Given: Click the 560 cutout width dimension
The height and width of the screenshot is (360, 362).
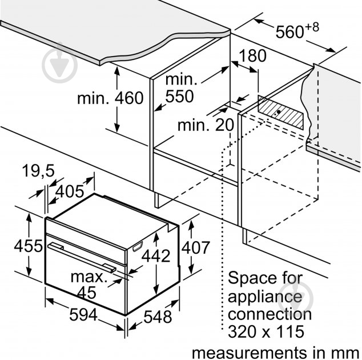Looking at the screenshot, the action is tap(289, 31).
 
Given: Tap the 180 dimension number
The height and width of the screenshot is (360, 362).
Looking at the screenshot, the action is tap(252, 55).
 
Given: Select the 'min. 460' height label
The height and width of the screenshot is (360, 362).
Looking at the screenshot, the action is tap(110, 98).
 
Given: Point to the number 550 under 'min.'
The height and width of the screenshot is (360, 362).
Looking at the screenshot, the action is tap(179, 96).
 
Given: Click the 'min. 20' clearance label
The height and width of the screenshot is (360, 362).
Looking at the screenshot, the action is tap(206, 125).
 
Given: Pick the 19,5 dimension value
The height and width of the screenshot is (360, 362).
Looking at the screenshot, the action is tap(38, 171).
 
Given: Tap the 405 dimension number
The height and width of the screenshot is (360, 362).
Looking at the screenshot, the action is tap(70, 191).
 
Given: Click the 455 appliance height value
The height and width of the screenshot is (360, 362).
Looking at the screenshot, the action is tap(28, 245).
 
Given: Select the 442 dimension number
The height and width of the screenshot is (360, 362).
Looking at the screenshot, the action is tap(156, 255).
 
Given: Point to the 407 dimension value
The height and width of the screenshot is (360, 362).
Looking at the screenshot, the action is tap(195, 247).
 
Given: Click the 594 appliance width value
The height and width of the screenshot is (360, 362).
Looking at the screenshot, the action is tap(83, 314).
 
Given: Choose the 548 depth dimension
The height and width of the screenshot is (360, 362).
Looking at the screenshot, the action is tap(158, 317).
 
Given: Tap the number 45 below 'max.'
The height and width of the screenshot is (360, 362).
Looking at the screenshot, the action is tap(86, 293).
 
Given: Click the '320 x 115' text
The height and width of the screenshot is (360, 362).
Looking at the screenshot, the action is tap(266, 331).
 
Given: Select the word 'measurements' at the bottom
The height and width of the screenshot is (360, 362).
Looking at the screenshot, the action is tap(250, 353).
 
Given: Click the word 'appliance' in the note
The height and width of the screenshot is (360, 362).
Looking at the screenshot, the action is tap(265, 298).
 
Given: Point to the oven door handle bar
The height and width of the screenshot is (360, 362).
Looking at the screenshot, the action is tap(82, 256).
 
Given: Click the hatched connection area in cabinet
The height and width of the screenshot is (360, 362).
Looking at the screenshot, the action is tap(280, 113).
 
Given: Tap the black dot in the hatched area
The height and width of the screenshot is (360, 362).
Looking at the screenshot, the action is tap(279, 112).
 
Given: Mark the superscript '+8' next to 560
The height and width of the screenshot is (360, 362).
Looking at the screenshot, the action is tap(312, 27).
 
